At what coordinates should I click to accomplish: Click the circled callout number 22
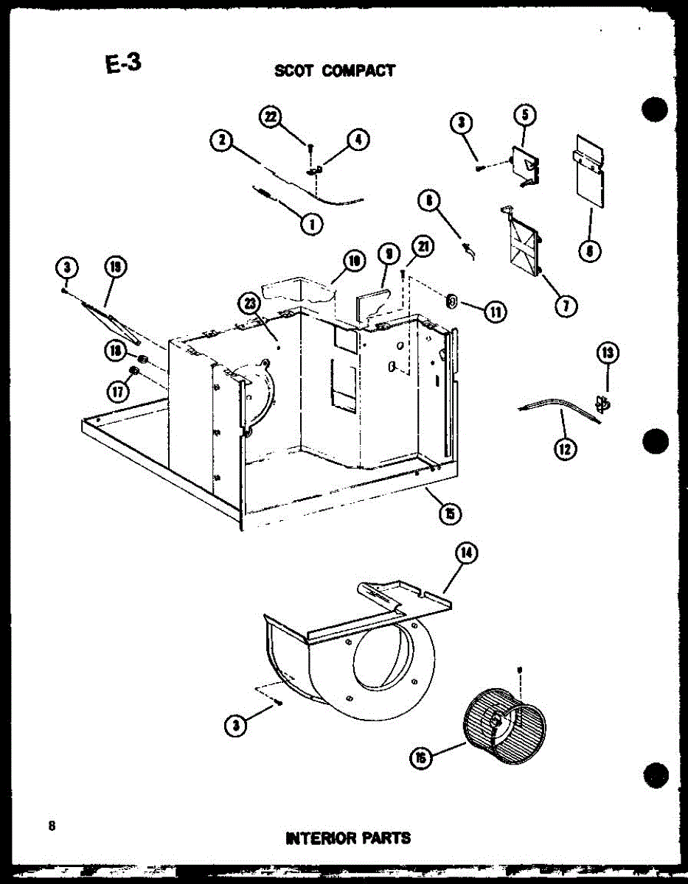pyautogui.click(x=271, y=117)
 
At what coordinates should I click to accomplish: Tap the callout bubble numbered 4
pyautogui.click(x=359, y=140)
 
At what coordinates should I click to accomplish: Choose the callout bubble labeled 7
pyautogui.click(x=566, y=306)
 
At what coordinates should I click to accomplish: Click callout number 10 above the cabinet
pyautogui.click(x=354, y=260)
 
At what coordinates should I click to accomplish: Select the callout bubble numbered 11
pyautogui.click(x=493, y=312)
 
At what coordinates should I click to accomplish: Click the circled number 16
pyautogui.click(x=420, y=757)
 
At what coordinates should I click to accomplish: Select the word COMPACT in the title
pyautogui.click(x=358, y=71)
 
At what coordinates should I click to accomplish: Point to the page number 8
pyautogui.click(x=52, y=825)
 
